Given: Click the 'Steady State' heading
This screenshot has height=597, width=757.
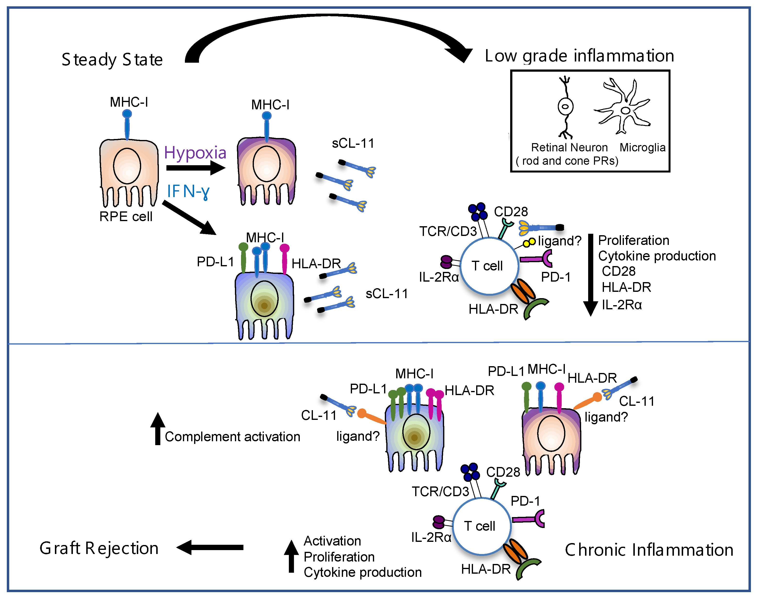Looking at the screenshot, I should pos(112,60).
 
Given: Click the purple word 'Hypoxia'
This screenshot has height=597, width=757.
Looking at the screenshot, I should pos(195,153).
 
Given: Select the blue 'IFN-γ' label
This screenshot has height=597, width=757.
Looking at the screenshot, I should pos(188,191).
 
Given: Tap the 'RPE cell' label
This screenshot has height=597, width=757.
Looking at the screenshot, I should pos(126,216).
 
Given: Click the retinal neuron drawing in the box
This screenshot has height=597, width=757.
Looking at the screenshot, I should pos(565,107).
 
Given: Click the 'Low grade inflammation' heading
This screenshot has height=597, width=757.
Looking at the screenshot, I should pos(579,56).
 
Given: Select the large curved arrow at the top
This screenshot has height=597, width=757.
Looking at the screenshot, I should pos(325,25).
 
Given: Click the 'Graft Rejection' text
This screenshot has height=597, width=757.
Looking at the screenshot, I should pos(99,548).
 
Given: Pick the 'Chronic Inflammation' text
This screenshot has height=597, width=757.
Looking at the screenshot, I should pos(649,550).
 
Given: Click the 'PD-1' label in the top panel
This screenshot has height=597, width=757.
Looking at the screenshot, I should pos(556,277).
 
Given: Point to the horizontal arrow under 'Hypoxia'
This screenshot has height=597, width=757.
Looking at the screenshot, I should pos(195,168).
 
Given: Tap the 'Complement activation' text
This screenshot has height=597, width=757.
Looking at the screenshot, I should pos(232,437).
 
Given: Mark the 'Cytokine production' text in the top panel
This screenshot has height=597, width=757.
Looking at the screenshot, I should pos(657,256).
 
